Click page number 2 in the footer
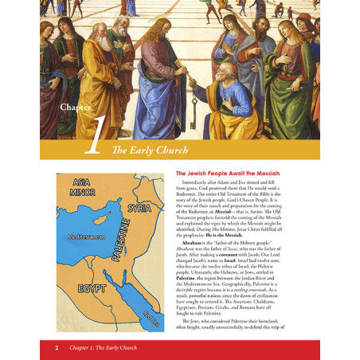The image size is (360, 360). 57,347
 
